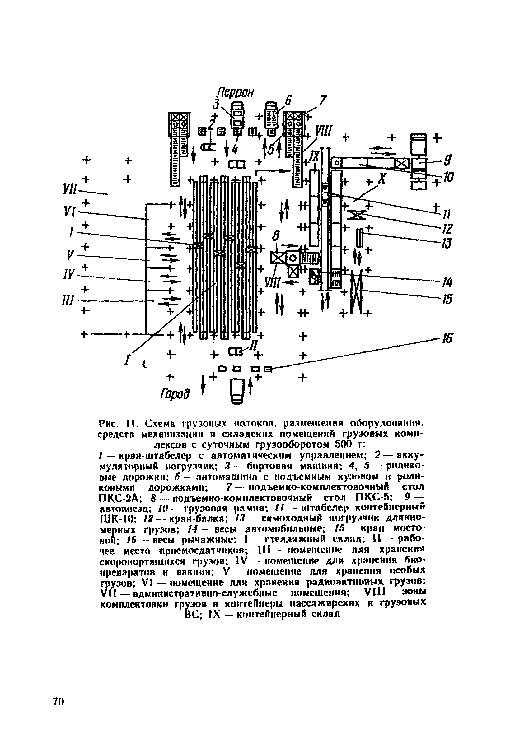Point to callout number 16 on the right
447,339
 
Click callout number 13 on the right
448,244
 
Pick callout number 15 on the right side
447,300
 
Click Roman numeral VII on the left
69,189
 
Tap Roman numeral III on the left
68,300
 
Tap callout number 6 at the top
288,100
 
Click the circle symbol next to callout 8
293,258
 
